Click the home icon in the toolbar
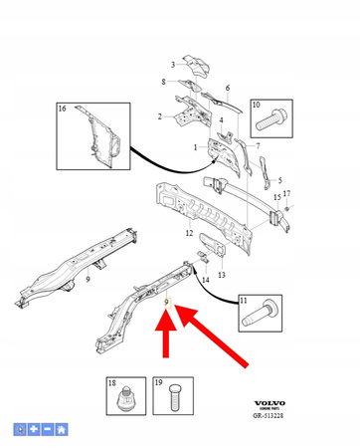pos(62,429)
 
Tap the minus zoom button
pos(48,429)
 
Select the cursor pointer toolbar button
pos(20,429)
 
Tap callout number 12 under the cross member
pos(188,233)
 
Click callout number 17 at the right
pos(287,193)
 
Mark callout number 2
pos(159,116)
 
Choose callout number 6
pos(227,89)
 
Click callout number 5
pos(278,180)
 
